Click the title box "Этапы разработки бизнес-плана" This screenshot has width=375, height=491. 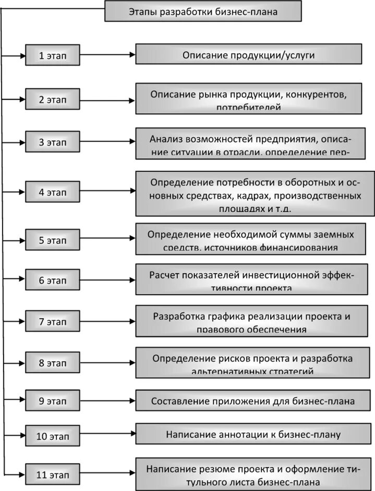pyautogui.click(x=203, y=11)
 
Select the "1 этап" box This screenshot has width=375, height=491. pyautogui.click(x=53, y=55)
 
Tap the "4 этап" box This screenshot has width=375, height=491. pyautogui.click(x=53, y=192)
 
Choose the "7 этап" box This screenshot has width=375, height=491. pyautogui.click(x=53, y=322)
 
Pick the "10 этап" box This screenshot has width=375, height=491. pyautogui.click(x=53, y=435)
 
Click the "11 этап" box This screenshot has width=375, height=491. pyautogui.click(x=53, y=475)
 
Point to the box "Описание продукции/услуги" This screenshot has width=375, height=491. pyautogui.click(x=249, y=54)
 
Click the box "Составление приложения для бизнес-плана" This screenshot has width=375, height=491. pyautogui.click(x=253, y=401)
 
